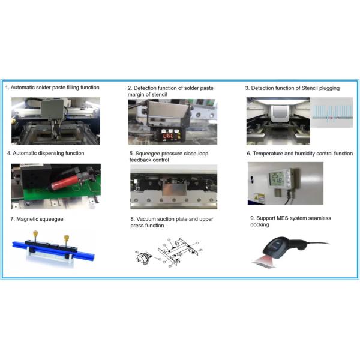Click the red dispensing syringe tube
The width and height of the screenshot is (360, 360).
point(65,182)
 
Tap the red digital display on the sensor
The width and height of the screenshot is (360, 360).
point(168,136)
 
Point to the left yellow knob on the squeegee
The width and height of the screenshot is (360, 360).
point(35,233)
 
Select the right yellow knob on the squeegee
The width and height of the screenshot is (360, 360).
point(67,238)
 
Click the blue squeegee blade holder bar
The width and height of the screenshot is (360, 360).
point(53,250)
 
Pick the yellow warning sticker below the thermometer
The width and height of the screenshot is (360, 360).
point(259,197)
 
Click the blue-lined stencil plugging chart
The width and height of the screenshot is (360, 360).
point(332,113)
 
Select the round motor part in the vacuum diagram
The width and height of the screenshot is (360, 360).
point(144,258)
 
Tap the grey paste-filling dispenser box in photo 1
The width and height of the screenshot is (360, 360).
point(52,109)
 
